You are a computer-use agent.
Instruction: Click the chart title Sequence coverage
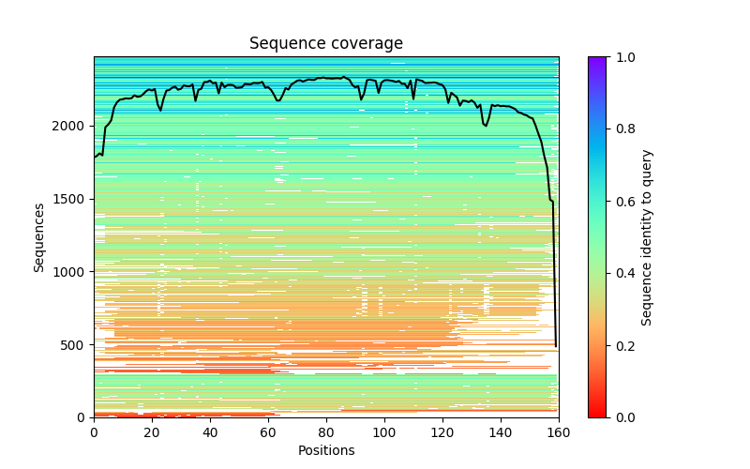326,44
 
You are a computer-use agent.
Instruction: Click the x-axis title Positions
326,450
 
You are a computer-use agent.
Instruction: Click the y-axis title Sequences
39,236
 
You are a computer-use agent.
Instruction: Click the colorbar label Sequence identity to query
647,236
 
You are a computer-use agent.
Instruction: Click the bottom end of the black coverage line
556,346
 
